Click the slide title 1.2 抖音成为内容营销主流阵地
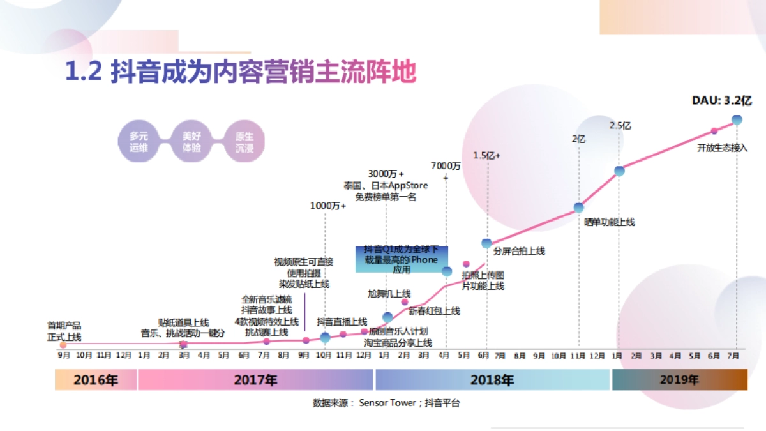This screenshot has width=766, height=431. (241, 72)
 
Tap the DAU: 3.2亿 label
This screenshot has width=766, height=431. (722, 100)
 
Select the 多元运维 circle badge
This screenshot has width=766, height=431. (139, 141)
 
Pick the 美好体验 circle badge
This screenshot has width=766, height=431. (191, 141)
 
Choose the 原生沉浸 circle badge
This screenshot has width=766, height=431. (244, 141)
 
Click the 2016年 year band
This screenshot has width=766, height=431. (96, 381)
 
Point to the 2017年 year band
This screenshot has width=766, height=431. (255, 381)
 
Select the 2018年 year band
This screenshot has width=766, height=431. (492, 381)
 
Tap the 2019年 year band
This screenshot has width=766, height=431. (679, 381)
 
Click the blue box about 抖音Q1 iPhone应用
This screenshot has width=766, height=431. (402, 259)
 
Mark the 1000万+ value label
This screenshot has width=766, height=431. (327, 206)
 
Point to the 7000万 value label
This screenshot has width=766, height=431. (446, 166)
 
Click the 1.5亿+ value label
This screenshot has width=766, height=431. (487, 155)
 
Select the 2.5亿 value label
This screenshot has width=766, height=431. (620, 126)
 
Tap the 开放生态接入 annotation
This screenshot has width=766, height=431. (722, 147)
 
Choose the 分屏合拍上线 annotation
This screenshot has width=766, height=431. (519, 251)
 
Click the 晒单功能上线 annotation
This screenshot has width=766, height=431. (610, 222)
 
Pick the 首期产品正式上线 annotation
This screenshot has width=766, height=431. (64, 331)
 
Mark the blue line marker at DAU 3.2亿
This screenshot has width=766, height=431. (737, 119)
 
